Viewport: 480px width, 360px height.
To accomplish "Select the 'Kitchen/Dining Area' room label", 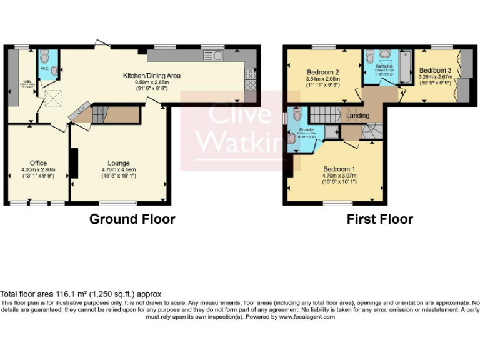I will click(151, 76).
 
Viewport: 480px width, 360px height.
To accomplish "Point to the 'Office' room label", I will click(39, 163).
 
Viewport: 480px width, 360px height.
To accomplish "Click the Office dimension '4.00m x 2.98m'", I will click(39, 169).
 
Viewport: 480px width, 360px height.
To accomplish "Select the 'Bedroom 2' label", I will click(323, 72).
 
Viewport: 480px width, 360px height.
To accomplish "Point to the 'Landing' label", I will click(357, 116).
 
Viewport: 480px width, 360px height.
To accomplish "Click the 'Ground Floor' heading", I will click(132, 219).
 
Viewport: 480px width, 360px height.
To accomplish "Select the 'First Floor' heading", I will click(379, 219).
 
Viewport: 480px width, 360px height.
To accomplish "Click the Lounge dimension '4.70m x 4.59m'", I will click(119, 169).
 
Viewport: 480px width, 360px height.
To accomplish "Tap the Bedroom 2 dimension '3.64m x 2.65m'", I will click(323, 79).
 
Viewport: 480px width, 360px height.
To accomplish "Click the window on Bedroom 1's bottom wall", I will click(337, 203).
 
